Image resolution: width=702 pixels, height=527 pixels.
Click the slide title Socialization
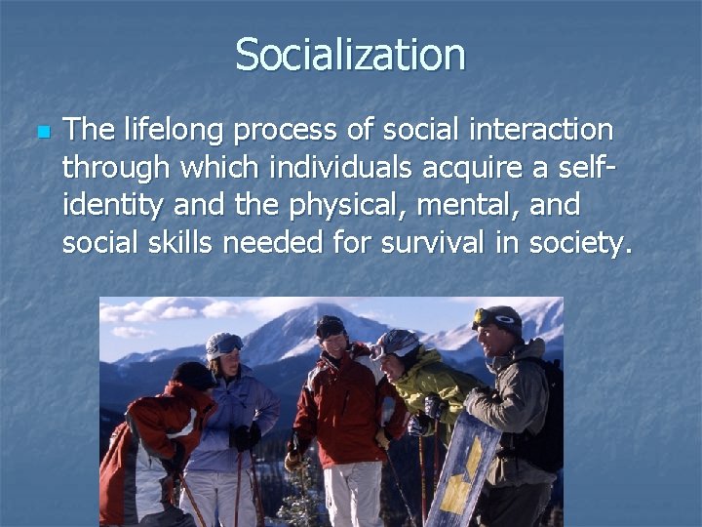pyautogui.click(x=350, y=55)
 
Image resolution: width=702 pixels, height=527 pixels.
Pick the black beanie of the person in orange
pyautogui.click(x=190, y=374)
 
